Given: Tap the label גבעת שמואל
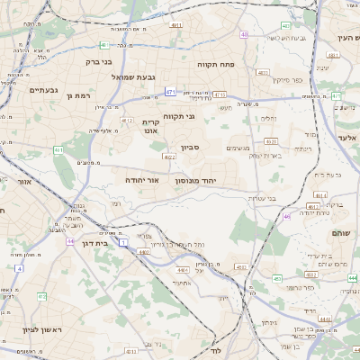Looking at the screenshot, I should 134,77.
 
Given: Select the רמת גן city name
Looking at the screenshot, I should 79,94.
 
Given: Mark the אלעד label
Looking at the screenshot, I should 347,138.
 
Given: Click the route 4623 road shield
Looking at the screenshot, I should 271,141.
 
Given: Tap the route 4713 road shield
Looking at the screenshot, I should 220,94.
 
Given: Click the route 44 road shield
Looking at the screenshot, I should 70,241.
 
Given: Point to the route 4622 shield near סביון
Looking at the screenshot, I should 168,157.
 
